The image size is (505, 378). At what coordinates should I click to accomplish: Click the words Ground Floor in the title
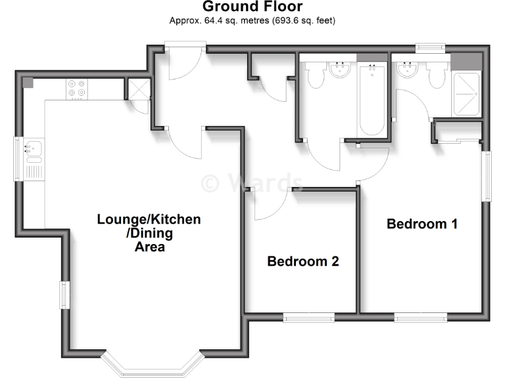tap(252, 7)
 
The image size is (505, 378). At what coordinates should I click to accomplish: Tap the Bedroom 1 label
tap(421, 224)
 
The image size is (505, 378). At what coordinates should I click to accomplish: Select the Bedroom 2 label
tap(302, 261)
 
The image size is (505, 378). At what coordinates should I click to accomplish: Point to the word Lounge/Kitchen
tap(149, 219)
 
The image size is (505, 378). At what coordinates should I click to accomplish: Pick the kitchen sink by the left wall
tap(33, 152)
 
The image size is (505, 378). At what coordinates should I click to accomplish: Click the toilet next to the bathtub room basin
tap(315, 75)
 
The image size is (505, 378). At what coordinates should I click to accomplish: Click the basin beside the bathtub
tap(340, 70)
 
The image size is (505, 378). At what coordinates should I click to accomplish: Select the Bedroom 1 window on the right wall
tap(487, 177)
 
